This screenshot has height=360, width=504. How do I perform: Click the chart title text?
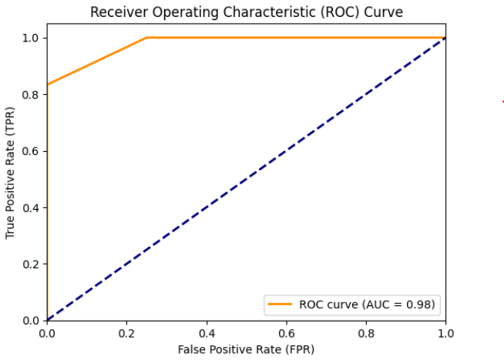[x=247, y=12]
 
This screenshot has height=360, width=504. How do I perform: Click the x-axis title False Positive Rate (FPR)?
[x=246, y=349]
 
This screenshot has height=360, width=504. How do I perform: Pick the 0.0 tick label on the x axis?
[x=48, y=332]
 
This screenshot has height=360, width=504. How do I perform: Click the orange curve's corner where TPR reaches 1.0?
[x=147, y=38]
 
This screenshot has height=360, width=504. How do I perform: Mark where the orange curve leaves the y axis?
[x=48, y=84]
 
